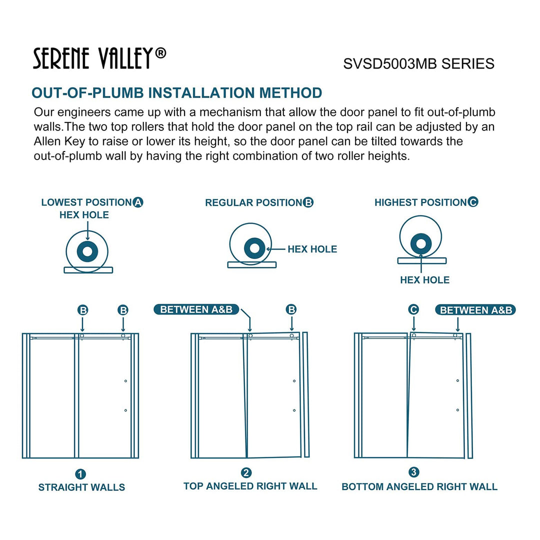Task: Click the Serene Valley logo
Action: (x=99, y=58)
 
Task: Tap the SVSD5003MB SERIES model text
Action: (x=418, y=64)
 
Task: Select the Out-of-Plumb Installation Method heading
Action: (x=176, y=93)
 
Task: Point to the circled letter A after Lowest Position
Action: (x=138, y=202)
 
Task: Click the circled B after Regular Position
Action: (x=308, y=202)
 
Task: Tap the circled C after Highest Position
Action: (x=473, y=202)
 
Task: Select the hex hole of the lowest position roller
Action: (x=87, y=251)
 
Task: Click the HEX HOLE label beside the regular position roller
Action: (x=312, y=249)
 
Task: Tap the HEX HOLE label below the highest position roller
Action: (x=424, y=280)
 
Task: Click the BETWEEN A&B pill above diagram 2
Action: (x=196, y=309)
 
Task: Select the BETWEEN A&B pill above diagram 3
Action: (x=475, y=310)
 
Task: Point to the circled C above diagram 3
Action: (x=413, y=310)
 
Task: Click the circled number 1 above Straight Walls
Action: (x=80, y=474)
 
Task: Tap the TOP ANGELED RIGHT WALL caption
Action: (x=250, y=486)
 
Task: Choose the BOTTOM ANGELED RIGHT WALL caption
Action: (x=419, y=486)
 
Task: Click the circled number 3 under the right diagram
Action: (x=413, y=472)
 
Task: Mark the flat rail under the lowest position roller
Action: (x=88, y=270)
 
